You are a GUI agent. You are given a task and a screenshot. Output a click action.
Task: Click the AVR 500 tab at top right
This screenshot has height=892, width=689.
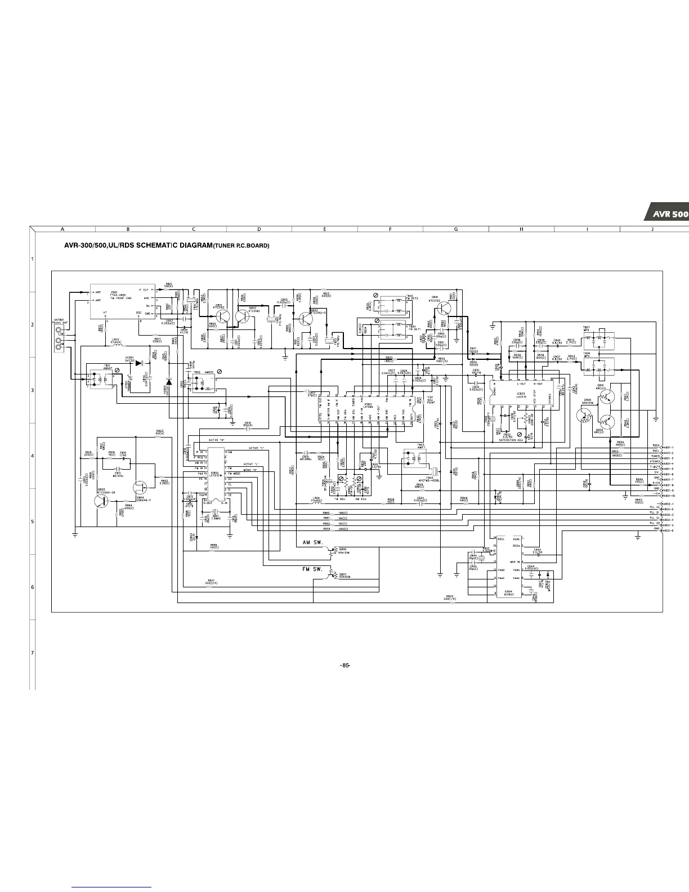(x=668, y=214)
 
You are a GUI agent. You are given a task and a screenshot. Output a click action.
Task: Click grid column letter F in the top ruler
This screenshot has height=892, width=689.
(x=390, y=229)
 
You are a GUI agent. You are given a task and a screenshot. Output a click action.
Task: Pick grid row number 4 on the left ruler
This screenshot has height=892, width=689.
(x=33, y=456)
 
